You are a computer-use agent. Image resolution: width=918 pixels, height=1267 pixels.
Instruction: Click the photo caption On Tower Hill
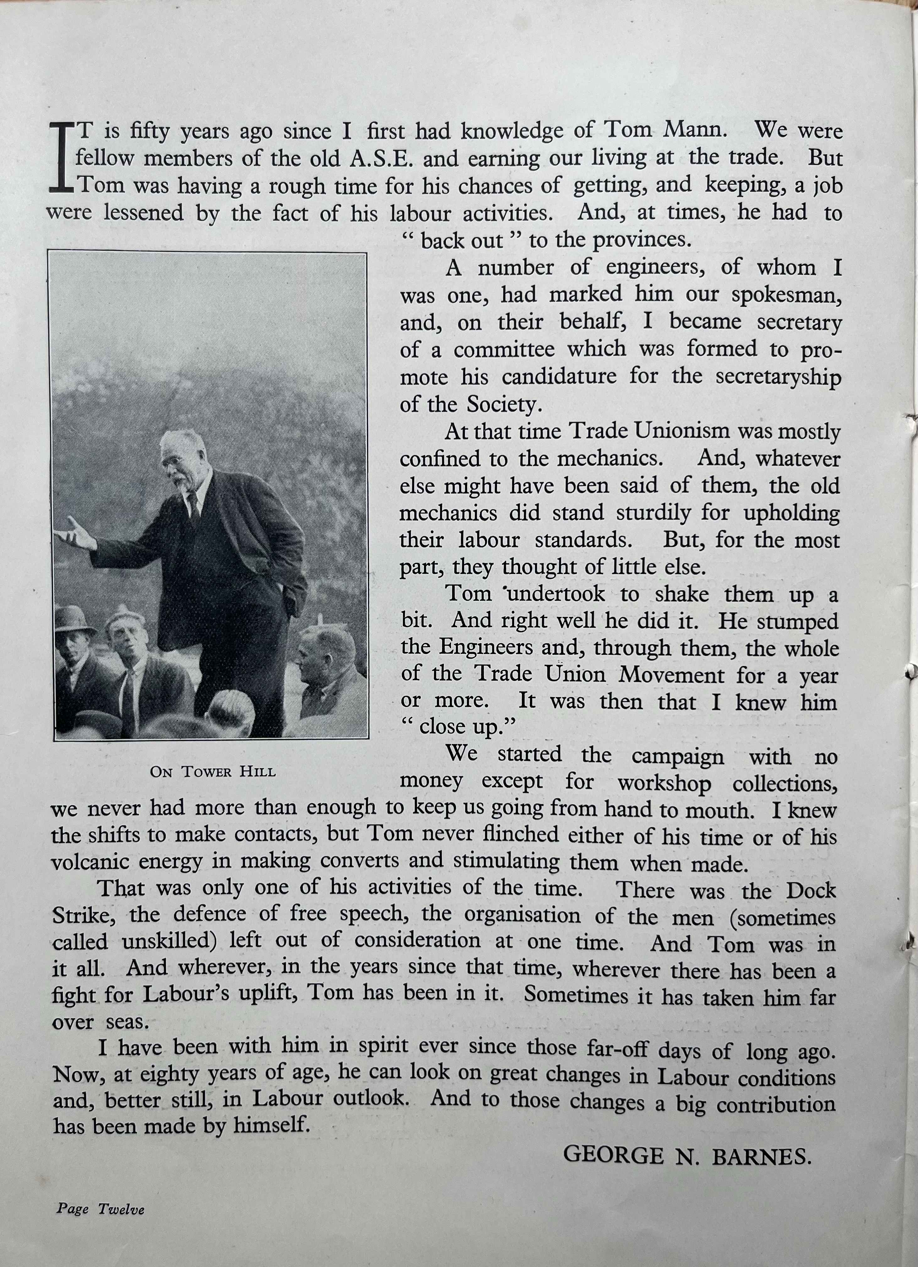[213, 771]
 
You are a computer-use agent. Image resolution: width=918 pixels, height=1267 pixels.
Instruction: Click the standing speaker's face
[180, 461]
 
